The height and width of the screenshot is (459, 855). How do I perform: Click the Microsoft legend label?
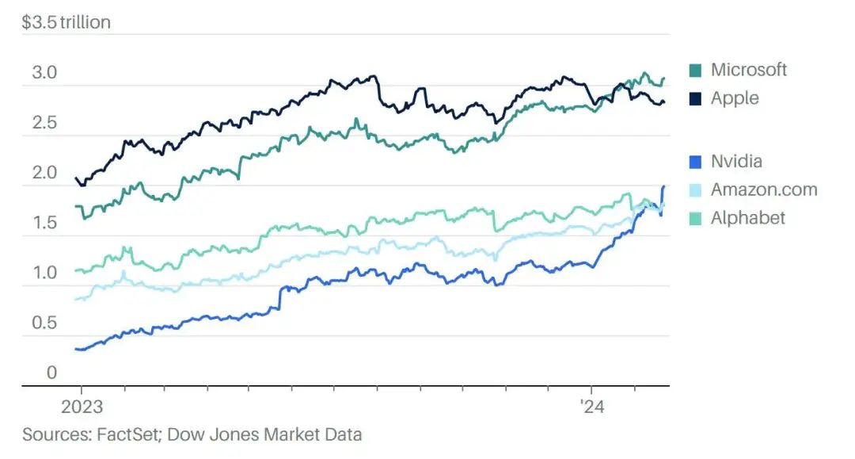click(748, 70)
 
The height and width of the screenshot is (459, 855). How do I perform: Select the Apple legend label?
click(735, 98)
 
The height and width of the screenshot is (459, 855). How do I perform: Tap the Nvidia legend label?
click(736, 162)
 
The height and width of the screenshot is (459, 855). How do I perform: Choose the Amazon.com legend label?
click(763, 189)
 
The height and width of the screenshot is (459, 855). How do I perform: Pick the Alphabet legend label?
click(747, 218)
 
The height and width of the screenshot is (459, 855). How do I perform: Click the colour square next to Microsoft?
click(696, 71)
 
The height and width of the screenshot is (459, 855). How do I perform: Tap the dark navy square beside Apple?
click(696, 99)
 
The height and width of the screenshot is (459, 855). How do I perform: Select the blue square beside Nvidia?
click(696, 163)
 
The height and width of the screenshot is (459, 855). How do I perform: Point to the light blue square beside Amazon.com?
click(696, 190)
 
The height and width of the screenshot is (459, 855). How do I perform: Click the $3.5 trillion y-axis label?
click(66, 22)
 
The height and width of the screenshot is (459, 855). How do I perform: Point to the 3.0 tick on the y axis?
click(44, 73)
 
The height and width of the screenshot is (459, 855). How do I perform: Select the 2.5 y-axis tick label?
click(44, 123)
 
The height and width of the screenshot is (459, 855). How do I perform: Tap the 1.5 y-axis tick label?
click(44, 223)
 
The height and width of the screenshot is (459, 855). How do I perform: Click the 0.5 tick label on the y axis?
click(44, 323)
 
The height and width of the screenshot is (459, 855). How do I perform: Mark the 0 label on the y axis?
click(51, 373)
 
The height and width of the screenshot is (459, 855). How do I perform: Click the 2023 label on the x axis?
click(82, 407)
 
